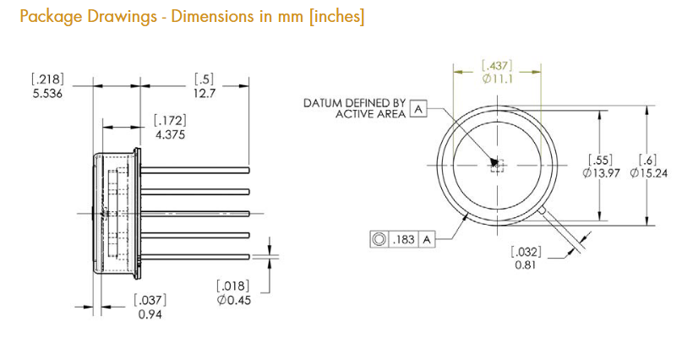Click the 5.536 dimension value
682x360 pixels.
[x=47, y=94]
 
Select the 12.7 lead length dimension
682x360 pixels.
[x=205, y=94]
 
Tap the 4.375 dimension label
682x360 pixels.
[x=170, y=134]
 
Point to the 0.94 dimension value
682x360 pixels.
[x=150, y=314]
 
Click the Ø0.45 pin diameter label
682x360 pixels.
[x=234, y=300]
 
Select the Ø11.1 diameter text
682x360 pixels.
[x=498, y=79]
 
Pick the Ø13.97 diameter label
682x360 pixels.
[x=601, y=173]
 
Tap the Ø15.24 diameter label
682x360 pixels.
[x=648, y=173]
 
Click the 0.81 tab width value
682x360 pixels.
[x=526, y=265]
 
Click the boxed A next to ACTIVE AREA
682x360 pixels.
[x=418, y=109]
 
